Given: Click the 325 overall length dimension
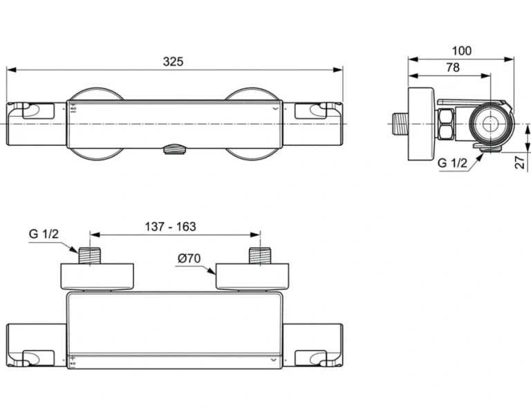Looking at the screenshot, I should tap(173, 61).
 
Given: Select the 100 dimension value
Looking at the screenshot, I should tap(461, 50).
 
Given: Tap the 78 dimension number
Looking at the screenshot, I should tap(452, 67).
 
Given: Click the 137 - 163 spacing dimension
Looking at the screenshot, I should tap(170, 226).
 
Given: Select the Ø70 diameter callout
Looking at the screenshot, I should tap(188, 259).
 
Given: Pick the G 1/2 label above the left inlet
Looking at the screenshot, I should tap(43, 234).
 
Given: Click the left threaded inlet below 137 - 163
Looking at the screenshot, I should tap(91, 255).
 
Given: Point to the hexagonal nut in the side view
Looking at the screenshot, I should tap(445, 124).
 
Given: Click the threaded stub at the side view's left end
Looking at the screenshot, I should tap(400, 124).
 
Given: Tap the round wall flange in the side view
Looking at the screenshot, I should tap(420, 124).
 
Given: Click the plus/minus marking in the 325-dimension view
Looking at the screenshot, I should tap(73, 108).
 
